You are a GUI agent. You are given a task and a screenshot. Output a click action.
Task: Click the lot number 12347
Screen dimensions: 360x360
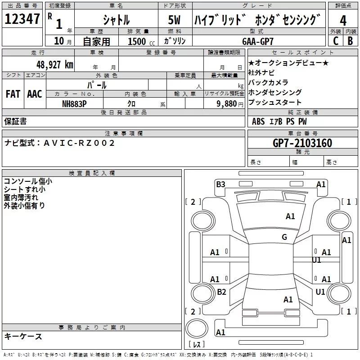[22, 19]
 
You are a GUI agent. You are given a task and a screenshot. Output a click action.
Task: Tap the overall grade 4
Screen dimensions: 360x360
[343, 21]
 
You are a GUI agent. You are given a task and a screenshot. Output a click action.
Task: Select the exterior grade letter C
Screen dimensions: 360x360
[336, 41]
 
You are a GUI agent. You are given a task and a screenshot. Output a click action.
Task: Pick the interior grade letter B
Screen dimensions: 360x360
[350, 41]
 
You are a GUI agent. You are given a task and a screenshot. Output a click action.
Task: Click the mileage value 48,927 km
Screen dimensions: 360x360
[54, 65]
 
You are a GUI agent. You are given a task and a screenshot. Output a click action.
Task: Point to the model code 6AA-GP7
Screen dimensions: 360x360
[258, 41]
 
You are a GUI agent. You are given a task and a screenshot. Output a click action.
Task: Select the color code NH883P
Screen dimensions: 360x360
[74, 104]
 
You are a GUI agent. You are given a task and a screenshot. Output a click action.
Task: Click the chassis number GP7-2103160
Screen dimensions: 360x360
[302, 143]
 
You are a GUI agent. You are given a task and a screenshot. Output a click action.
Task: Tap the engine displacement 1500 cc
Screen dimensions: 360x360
[141, 41]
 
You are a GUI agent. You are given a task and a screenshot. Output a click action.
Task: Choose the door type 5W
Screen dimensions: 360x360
[174, 20]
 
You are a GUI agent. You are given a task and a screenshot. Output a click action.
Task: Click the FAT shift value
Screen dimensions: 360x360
[13, 94]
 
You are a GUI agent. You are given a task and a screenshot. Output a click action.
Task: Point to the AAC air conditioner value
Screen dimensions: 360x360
[35, 94]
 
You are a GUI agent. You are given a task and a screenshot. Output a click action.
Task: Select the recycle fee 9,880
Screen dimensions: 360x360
[227, 104]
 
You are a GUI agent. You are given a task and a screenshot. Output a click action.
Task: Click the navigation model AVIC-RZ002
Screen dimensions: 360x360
[79, 143]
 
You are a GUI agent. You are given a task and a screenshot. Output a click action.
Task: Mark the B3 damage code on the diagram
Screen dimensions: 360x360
[220, 184]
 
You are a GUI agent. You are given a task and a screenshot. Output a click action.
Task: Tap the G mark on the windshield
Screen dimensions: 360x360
[284, 237]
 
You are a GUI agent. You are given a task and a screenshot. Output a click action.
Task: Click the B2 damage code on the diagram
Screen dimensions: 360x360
[221, 292]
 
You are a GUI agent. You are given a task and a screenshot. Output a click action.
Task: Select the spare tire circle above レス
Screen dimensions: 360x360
[197, 328]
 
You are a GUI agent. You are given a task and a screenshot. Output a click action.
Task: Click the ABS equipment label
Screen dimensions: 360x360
[258, 121]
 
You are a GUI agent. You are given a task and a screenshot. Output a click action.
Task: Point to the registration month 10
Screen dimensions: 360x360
[59, 41]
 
